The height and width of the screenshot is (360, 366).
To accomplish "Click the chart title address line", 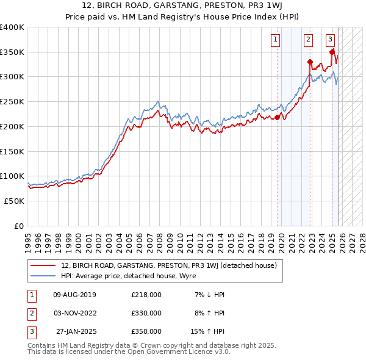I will (183, 6).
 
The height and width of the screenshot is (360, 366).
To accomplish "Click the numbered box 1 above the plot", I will (275, 40).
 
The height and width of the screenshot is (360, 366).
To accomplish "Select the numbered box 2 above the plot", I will (308, 40).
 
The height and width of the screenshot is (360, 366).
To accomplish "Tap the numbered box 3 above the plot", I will (330, 40).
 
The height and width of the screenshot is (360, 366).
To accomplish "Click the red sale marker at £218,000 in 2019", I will (277, 117).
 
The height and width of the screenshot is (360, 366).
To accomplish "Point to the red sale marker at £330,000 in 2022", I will (310, 62).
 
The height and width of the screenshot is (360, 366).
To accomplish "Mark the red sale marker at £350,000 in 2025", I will (332, 52).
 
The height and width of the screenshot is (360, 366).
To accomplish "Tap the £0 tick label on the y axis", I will (18, 226).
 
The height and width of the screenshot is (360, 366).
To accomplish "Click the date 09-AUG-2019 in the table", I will (74, 295).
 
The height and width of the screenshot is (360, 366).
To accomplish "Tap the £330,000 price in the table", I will (146, 313).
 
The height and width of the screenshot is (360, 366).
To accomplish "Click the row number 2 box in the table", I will (31, 313).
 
